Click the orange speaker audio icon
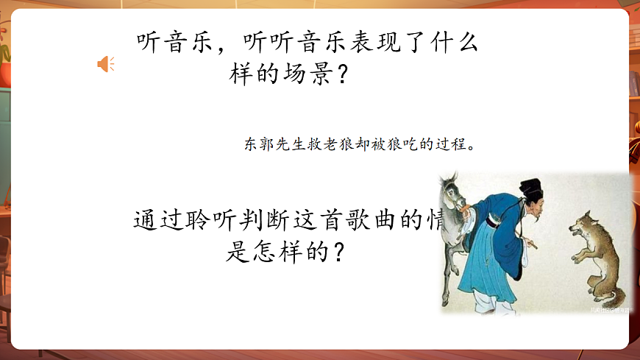[105, 64]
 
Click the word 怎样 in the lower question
[277, 252]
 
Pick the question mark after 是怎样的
[339, 252]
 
